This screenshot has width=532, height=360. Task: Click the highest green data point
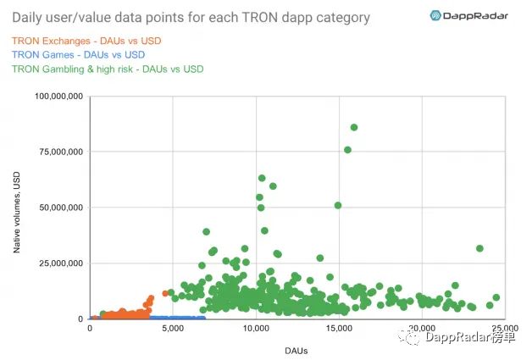(x=354, y=127)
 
